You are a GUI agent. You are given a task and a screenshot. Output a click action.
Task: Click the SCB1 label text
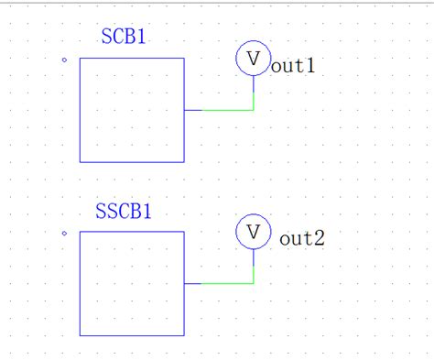click(124, 38)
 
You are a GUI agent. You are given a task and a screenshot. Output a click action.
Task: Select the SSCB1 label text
click(124, 212)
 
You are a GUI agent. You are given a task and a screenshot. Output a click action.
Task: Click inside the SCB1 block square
click(131, 110)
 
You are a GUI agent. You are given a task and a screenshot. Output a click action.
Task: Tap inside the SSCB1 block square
click(131, 283)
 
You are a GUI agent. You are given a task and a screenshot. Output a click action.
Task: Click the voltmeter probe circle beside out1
click(254, 59)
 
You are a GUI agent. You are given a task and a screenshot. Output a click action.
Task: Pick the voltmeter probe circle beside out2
click(254, 231)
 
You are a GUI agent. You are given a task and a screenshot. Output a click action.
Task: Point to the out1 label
click(293, 66)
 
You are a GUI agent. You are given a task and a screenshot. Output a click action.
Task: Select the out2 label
click(302, 239)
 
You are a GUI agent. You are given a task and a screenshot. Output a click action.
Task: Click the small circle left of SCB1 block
click(64, 60)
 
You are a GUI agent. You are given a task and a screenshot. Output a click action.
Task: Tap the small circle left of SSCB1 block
click(64, 234)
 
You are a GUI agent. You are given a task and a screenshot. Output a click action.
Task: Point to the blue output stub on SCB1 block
click(192, 110)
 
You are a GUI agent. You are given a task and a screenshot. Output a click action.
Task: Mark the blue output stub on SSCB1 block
click(192, 283)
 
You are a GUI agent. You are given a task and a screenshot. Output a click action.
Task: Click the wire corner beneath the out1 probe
click(254, 110)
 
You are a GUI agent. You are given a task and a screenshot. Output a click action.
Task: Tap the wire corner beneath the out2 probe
click(254, 283)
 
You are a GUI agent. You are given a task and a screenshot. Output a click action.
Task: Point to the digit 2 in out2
click(320, 239)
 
